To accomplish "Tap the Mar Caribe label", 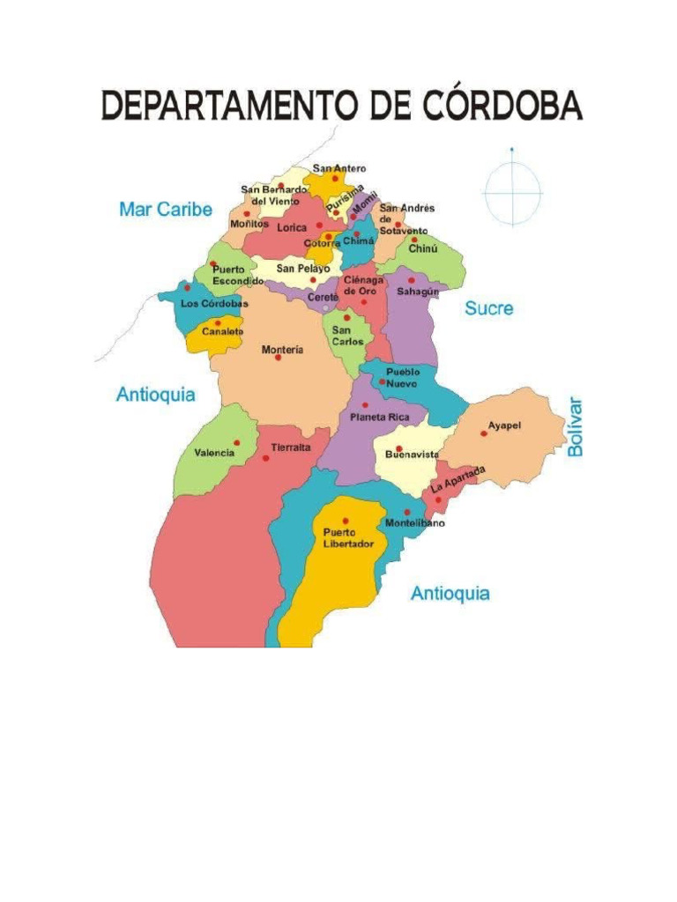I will point(166,210).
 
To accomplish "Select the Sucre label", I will point(489,309).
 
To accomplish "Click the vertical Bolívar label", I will point(576,427).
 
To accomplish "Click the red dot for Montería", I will point(278,358).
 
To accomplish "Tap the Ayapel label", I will point(505,425).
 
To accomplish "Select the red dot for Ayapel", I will point(483,433).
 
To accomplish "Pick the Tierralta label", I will point(291,447).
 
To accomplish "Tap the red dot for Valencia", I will point(236,442).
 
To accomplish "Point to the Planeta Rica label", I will point(380,417).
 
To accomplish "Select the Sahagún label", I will point(417,291).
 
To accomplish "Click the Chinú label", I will point(423,249).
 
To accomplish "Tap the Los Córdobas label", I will point(214,303).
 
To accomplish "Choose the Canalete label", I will point(221,332).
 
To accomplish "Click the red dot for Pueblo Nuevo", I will point(382,382).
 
